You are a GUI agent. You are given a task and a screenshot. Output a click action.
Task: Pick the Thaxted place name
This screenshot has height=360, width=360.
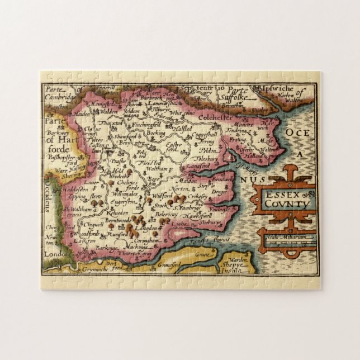pyautogui.click(x=110, y=124)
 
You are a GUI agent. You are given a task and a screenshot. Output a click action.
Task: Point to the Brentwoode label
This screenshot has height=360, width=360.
pyautogui.click(x=105, y=221)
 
